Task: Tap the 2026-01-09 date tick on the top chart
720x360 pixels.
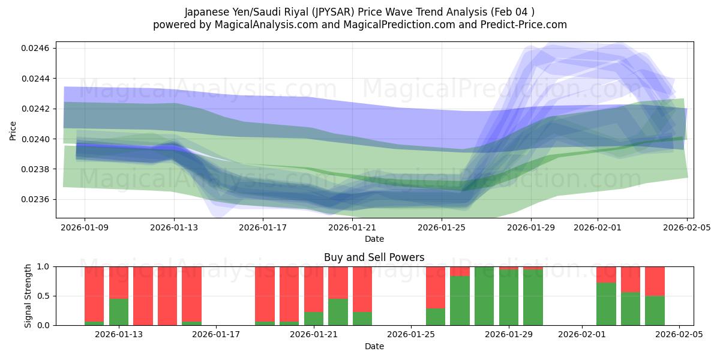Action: [85, 228]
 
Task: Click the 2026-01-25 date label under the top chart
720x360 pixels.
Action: [442, 228]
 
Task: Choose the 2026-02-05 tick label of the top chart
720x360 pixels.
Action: [686, 228]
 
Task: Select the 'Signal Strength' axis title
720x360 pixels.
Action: [28, 296]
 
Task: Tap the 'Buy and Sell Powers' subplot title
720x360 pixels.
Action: [374, 257]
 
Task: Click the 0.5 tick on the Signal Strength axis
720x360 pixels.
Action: [46, 296]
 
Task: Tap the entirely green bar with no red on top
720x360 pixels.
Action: [484, 296]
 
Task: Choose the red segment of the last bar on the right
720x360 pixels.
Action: [655, 281]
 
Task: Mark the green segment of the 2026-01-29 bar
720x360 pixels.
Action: [509, 298]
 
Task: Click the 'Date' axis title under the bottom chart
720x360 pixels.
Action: [374, 346]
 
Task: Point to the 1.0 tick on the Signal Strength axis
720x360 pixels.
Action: [46, 266]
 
